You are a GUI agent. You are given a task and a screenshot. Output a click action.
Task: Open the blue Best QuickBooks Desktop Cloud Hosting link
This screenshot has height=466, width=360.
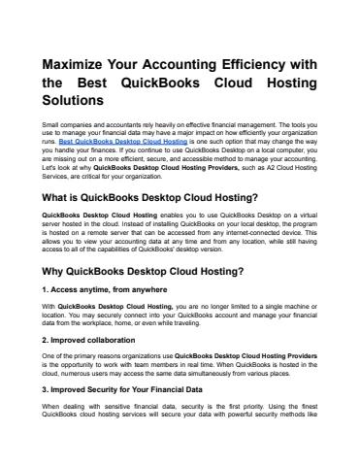[x=135, y=141]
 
